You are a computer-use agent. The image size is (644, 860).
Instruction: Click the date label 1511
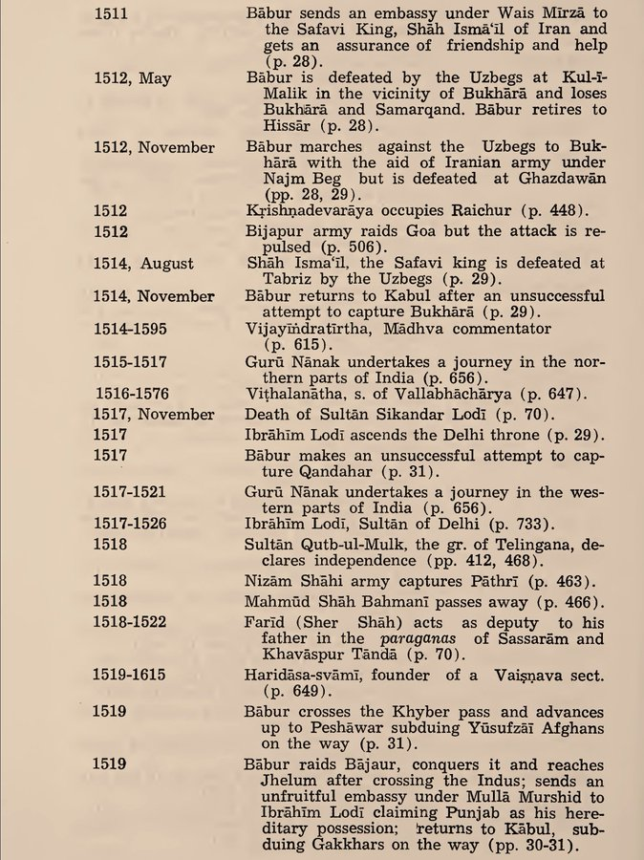pos(113,15)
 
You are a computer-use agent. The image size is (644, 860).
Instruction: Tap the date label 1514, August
pos(143,263)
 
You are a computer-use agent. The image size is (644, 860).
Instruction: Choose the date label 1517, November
pos(154,415)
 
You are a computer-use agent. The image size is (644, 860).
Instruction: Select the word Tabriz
pos(271,280)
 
